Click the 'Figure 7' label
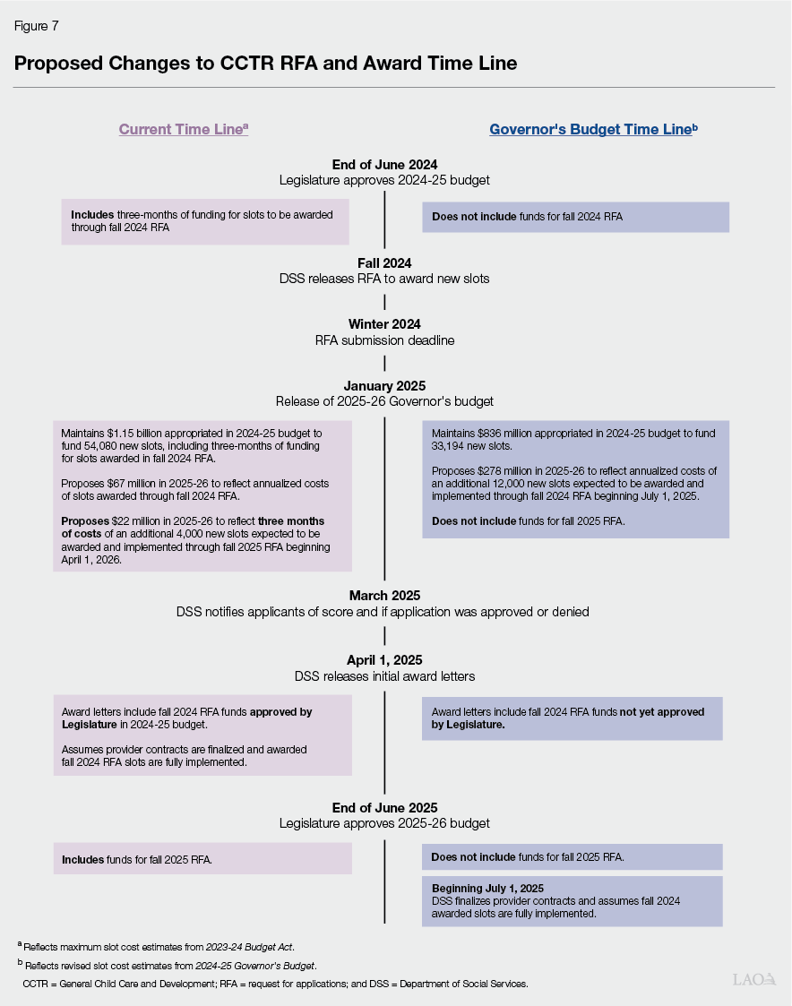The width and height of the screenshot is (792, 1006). [36, 26]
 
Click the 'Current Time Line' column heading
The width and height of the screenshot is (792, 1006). [183, 129]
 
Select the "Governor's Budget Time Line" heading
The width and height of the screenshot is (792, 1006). [592, 129]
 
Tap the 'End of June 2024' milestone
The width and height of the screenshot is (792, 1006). [384, 165]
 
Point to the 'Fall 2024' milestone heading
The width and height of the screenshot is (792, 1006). [384, 263]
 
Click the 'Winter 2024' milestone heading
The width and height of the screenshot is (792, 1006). [384, 324]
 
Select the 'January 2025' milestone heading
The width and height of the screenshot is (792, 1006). [384, 385]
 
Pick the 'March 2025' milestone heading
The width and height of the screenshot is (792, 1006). [384, 596]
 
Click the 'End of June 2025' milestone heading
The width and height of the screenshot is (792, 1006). [384, 807]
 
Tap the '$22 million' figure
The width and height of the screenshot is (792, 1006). [134, 521]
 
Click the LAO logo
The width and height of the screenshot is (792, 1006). [754, 979]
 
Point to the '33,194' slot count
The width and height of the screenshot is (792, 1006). [449, 446]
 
